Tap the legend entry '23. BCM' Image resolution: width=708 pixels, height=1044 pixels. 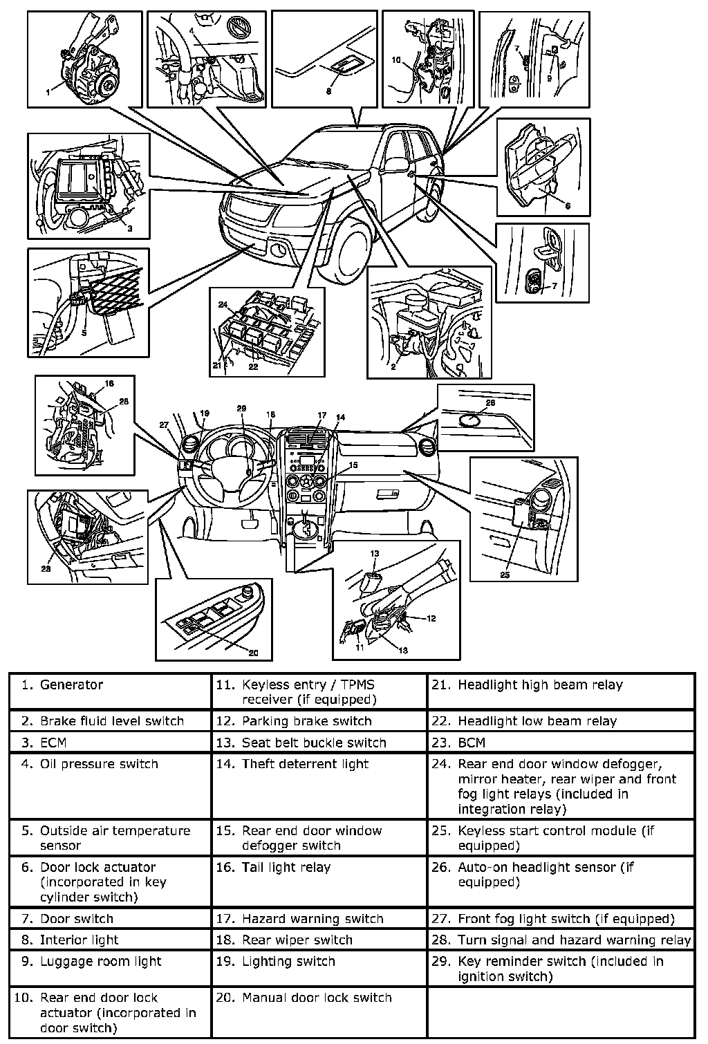pyautogui.click(x=472, y=743)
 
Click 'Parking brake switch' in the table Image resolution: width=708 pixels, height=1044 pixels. pyautogui.click(x=306, y=721)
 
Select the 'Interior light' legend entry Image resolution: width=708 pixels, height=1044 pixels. pyautogui.click(x=79, y=940)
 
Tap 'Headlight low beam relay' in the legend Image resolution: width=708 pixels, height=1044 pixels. pyautogui.click(x=537, y=721)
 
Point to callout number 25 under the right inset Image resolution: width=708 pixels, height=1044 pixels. pyautogui.click(x=505, y=575)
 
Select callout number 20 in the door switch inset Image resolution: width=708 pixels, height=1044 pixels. pyautogui.click(x=253, y=653)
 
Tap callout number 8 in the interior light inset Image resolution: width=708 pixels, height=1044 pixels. pyautogui.click(x=328, y=91)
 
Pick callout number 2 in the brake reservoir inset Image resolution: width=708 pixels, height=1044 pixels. pyautogui.click(x=393, y=366)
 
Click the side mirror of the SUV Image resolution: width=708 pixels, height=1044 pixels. pyautogui.click(x=395, y=164)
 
